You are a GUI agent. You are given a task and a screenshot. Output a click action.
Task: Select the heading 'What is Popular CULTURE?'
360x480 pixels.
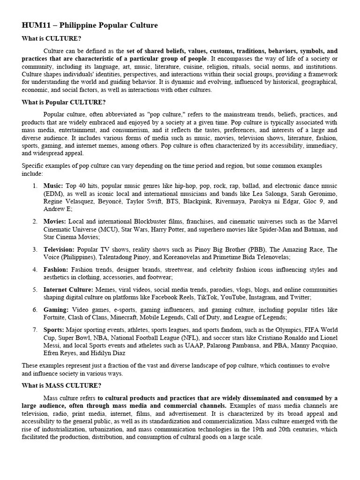coord(64,102)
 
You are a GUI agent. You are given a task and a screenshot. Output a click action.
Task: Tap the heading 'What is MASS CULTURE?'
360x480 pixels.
coord(61,386)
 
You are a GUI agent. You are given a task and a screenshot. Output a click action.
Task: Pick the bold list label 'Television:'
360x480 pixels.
coord(59,249)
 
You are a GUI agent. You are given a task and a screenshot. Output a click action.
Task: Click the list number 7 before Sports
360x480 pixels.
coord(35,330)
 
